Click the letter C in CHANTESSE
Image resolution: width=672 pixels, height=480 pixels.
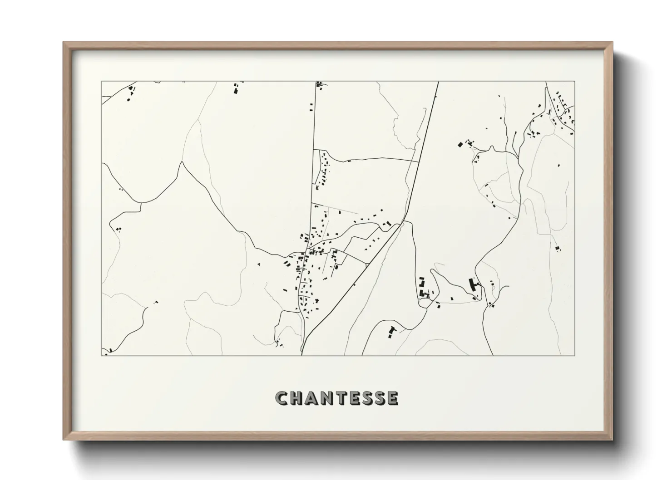click(x=282, y=398)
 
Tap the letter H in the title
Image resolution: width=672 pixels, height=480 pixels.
click(x=297, y=398)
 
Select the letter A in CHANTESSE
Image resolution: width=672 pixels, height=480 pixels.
click(x=312, y=398)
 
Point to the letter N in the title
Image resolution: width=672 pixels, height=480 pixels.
click(x=328, y=398)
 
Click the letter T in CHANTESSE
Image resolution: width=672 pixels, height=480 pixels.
click(x=343, y=398)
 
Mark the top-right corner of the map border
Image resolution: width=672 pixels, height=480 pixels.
click(x=574, y=82)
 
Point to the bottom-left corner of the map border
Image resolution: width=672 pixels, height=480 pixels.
click(x=101, y=355)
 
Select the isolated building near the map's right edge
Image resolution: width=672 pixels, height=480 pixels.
click(x=557, y=248)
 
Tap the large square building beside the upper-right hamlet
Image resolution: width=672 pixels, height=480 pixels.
click(x=460, y=145)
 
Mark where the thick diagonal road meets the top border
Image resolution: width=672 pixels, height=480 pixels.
click(x=438, y=82)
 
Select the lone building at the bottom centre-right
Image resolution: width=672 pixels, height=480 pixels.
click(x=391, y=331)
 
